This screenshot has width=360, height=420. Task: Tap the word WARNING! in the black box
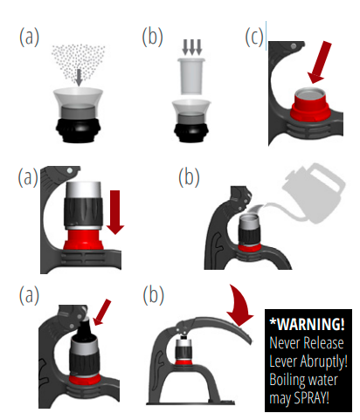(x=308, y=324)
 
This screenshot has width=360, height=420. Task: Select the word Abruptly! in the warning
(x=324, y=361)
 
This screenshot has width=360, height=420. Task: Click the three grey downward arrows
(x=191, y=47)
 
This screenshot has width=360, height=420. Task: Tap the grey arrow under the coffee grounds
(x=79, y=78)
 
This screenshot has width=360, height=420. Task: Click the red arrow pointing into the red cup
(x=320, y=62)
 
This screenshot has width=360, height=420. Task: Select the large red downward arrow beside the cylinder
(x=115, y=212)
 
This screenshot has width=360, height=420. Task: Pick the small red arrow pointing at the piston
(x=102, y=313)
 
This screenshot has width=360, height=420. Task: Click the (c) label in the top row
(x=254, y=38)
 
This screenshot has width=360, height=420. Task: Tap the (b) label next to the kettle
(x=189, y=177)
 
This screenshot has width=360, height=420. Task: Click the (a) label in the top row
(x=29, y=37)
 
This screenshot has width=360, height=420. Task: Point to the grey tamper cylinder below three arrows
(x=191, y=76)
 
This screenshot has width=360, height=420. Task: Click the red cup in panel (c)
(x=310, y=106)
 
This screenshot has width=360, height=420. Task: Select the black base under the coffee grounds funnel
(x=78, y=130)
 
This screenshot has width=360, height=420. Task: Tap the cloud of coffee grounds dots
(x=78, y=62)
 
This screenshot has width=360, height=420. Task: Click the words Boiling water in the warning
(x=303, y=380)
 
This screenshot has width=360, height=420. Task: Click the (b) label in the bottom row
(x=154, y=295)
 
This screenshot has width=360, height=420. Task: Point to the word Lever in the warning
(x=283, y=361)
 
